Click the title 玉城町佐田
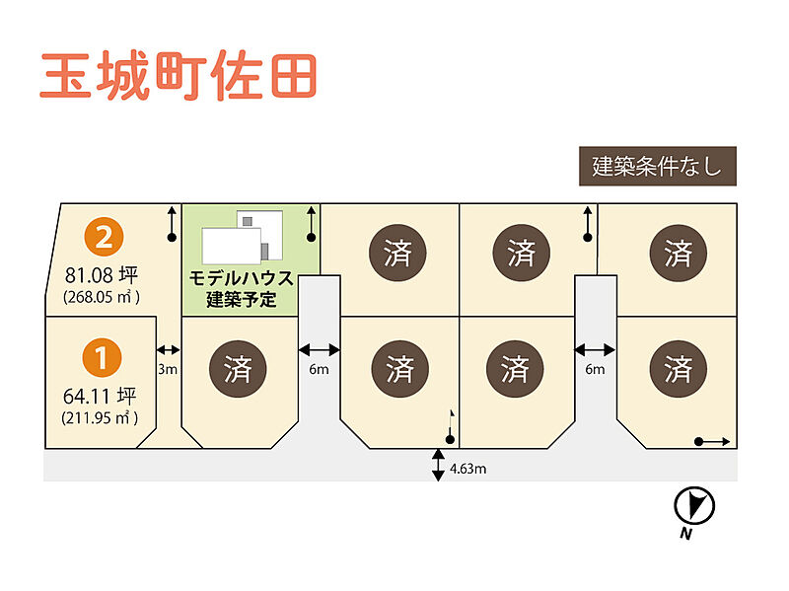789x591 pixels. click(x=179, y=76)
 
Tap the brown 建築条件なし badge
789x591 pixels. click(x=657, y=167)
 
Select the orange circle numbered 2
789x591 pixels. click(x=105, y=237)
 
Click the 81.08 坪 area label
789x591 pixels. click(x=102, y=274)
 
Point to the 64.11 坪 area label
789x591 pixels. click(x=100, y=396)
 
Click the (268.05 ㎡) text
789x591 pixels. click(x=102, y=296)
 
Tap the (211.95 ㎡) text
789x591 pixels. click(x=100, y=417)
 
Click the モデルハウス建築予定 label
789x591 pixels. click(x=241, y=289)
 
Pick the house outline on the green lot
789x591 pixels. click(x=243, y=238)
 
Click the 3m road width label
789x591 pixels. click(x=168, y=369)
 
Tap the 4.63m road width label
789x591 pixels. click(x=468, y=468)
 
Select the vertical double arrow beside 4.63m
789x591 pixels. click(x=438, y=465)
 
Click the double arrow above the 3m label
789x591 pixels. click(x=168, y=349)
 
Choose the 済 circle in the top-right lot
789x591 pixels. click(x=678, y=252)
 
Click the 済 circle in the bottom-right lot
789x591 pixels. click(x=678, y=370)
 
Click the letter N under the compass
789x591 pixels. click(x=683, y=535)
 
